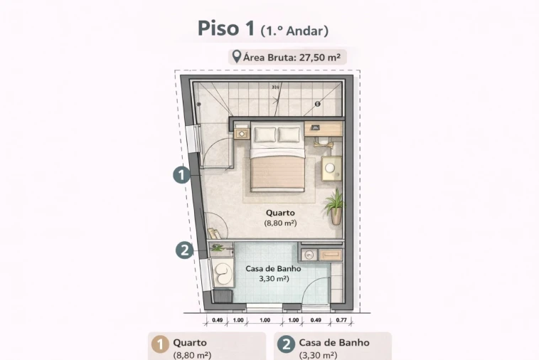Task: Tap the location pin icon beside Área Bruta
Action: pos(237,56)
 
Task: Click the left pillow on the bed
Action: pos(266,134)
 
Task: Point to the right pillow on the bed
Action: pos(289,134)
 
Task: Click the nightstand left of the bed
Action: pos(242,133)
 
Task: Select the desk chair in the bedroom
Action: pos(326,143)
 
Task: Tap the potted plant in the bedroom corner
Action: pos(333,206)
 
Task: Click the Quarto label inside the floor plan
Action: pos(280,213)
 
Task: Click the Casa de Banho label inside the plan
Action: pos(273,269)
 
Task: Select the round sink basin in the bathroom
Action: pos(309,254)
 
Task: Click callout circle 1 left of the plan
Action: pos(182,174)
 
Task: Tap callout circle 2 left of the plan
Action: pos(184,250)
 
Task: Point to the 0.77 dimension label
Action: pos(341,320)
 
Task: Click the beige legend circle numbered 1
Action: pos(161,345)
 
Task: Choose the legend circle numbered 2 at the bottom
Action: pos(286,345)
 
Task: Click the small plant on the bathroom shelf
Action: pos(217,248)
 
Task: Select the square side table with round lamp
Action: pos(331,169)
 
